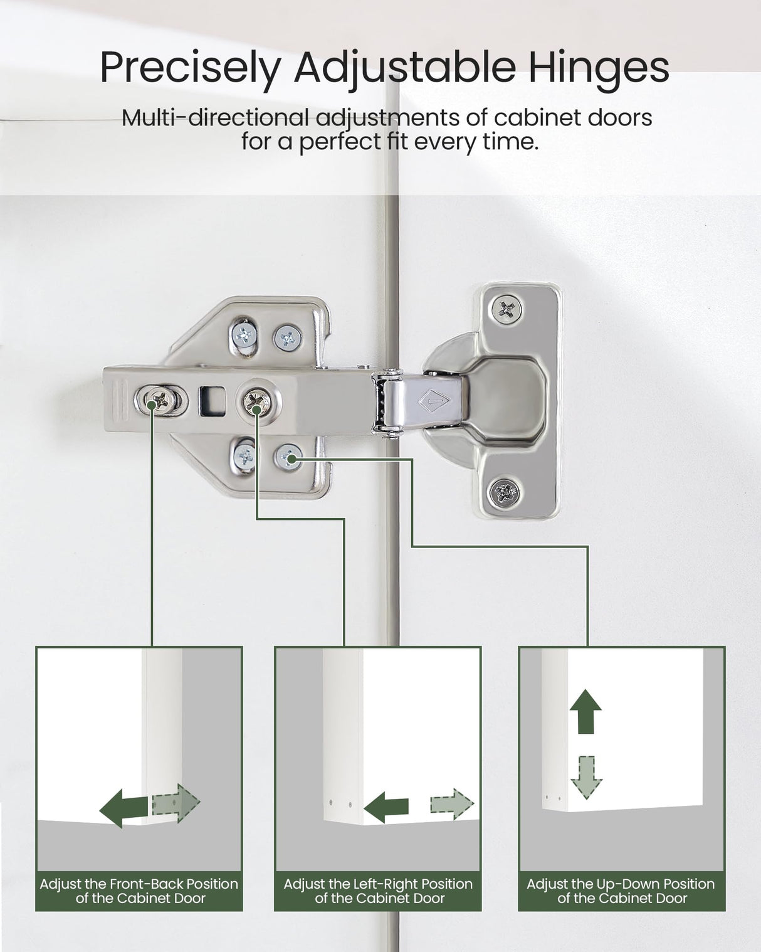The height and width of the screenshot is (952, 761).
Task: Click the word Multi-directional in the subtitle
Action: (x=215, y=118)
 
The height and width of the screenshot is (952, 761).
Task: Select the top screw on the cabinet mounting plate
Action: (x=506, y=308)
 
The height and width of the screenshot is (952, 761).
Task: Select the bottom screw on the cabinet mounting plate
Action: (x=504, y=490)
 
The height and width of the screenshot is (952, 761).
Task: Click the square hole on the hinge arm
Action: (x=213, y=401)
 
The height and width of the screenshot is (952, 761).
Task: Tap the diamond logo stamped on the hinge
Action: (x=434, y=401)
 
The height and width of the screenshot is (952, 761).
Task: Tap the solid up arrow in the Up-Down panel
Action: (x=585, y=711)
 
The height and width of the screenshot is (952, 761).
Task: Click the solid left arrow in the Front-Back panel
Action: (x=124, y=808)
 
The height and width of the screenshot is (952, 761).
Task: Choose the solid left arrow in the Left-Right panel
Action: (x=386, y=807)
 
